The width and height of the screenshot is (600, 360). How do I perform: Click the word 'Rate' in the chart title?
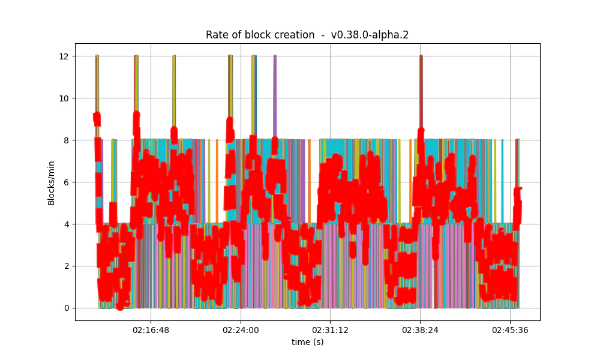point(217,35)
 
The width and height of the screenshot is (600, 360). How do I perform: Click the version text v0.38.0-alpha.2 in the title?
point(370,35)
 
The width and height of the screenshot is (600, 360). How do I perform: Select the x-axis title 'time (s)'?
point(307,342)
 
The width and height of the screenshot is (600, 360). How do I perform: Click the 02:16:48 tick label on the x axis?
point(151,330)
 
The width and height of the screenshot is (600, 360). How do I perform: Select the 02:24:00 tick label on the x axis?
point(241,330)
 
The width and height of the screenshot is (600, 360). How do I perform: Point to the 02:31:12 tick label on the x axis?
point(330,330)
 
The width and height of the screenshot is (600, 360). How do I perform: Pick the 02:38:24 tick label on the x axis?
point(420,330)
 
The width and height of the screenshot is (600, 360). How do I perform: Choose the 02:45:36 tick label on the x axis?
point(510,330)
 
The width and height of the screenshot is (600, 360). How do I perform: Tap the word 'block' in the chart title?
point(256,35)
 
